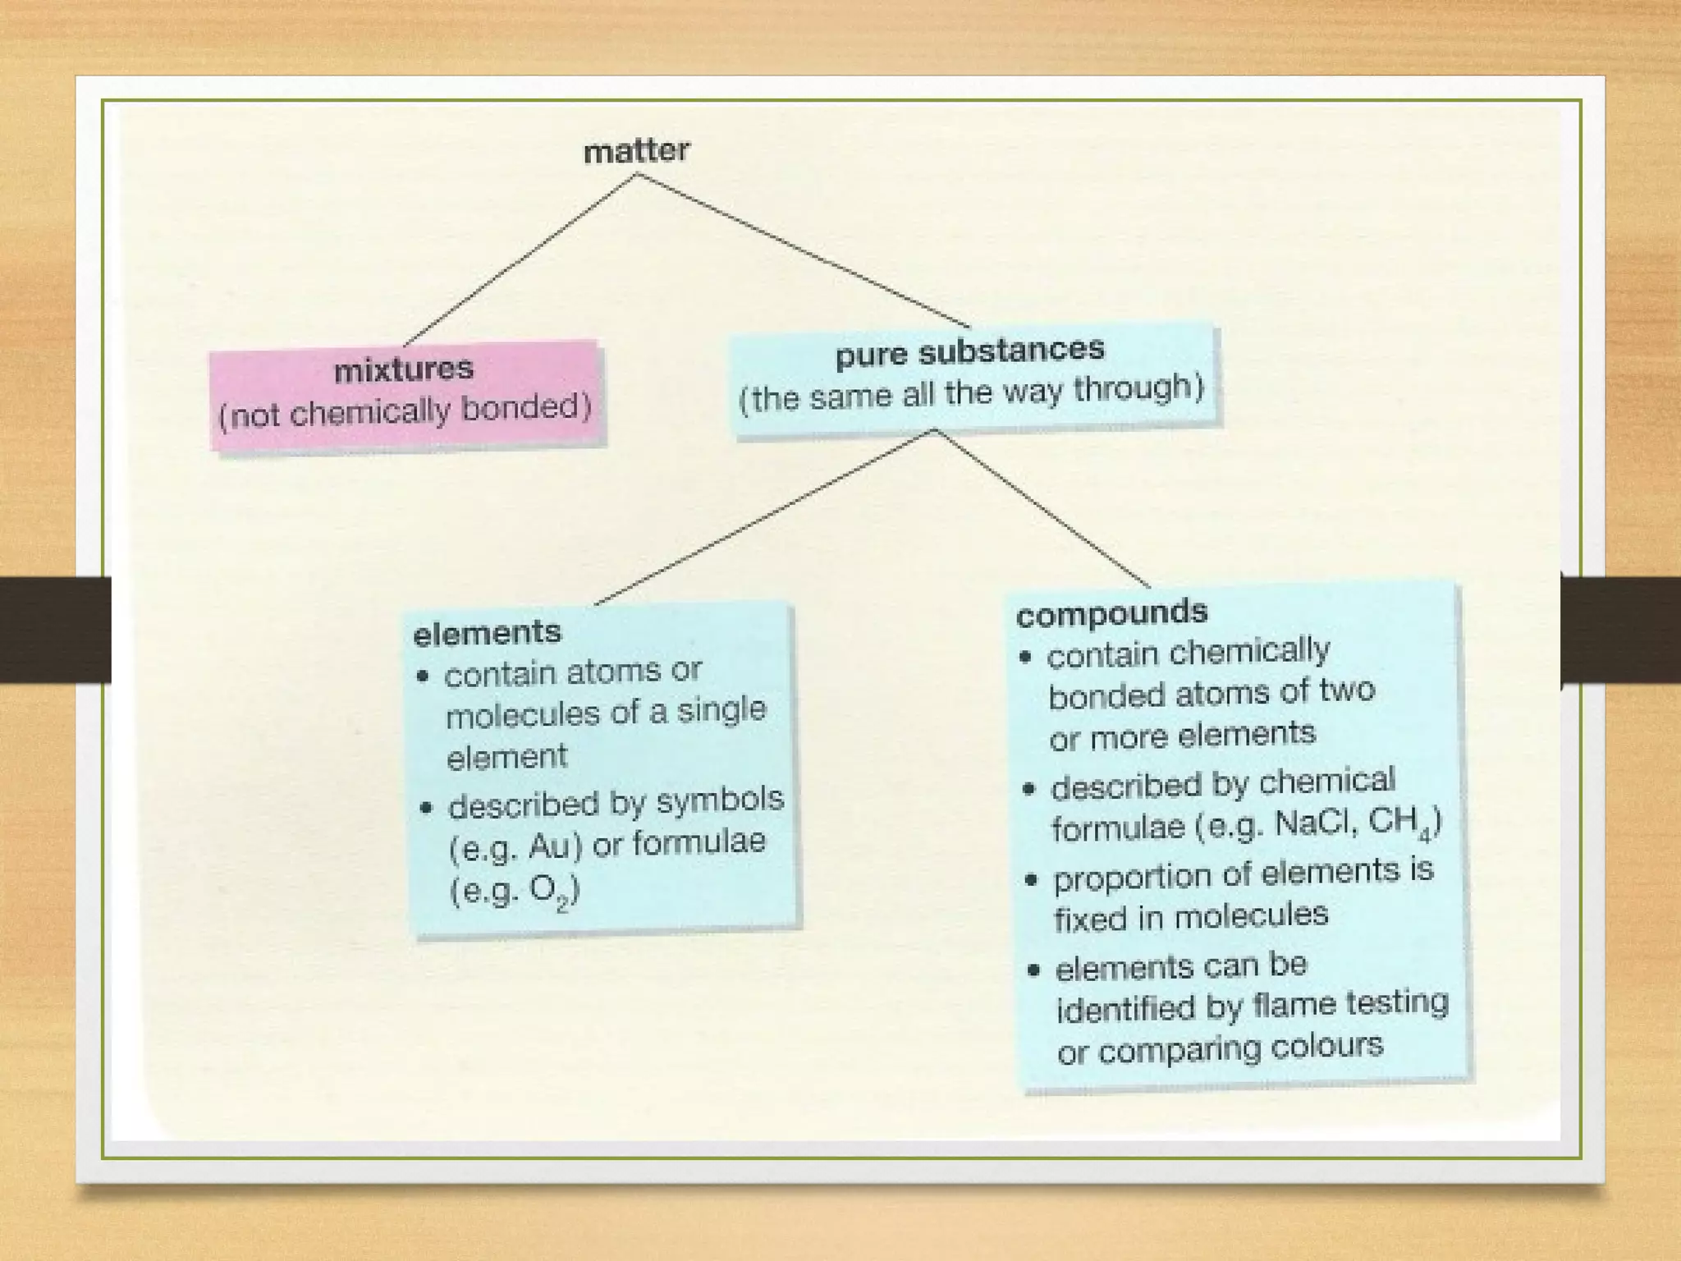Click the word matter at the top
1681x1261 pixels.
coord(636,151)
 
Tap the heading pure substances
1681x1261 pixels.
coord(969,351)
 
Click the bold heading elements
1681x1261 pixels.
coord(487,633)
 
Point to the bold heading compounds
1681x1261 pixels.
coord(1111,612)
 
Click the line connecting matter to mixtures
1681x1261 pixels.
coord(519,260)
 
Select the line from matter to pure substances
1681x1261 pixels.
coord(803,250)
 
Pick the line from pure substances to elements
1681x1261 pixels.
coord(763,518)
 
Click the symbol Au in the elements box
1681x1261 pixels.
coord(549,846)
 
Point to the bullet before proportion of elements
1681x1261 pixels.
coord(1032,880)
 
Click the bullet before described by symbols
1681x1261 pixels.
coord(425,807)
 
